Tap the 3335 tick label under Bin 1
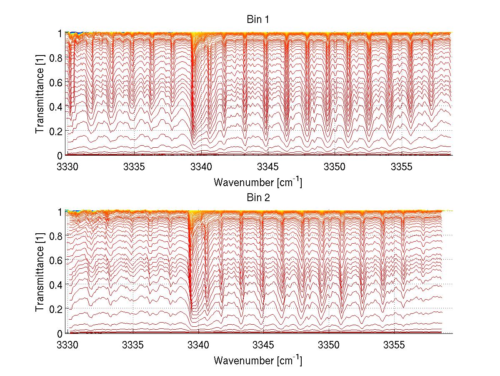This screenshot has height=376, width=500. [x=134, y=167]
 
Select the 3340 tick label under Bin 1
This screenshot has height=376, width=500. [x=201, y=167]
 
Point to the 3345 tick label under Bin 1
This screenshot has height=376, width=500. [x=268, y=167]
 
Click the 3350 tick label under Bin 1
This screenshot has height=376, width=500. [x=335, y=167]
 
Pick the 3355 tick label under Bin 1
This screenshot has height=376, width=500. [x=402, y=167]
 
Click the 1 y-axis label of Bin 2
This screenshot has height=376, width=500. [x=60, y=212]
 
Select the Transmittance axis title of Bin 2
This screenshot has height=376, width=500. [x=40, y=273]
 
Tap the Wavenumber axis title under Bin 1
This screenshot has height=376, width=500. [x=258, y=182]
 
